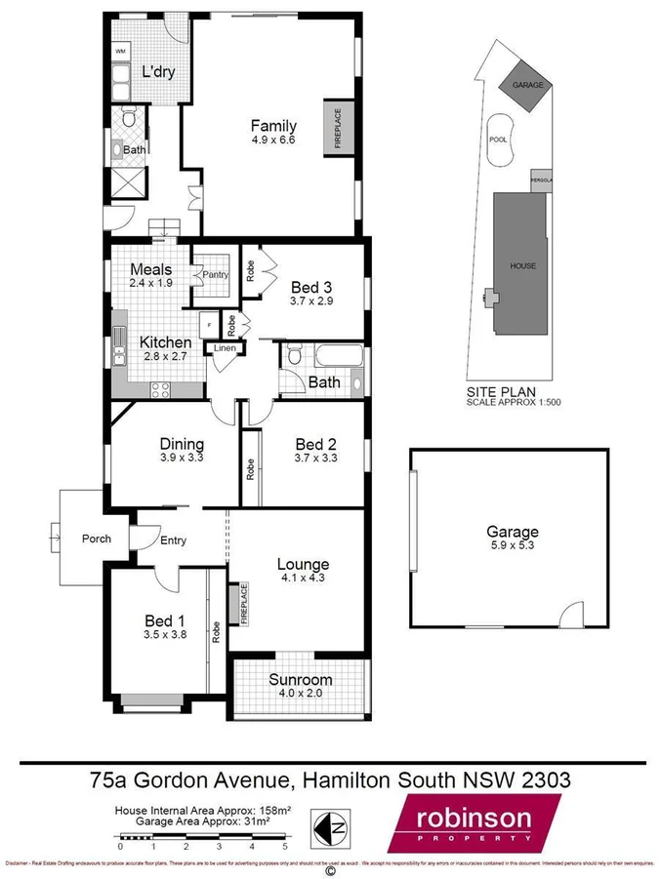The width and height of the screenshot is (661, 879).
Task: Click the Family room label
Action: pyautogui.click(x=273, y=126)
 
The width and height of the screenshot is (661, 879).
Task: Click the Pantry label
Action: pyautogui.click(x=216, y=275)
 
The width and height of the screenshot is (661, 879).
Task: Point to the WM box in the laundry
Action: pyautogui.click(x=121, y=51)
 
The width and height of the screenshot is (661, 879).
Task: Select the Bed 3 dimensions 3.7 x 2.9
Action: pyautogui.click(x=312, y=302)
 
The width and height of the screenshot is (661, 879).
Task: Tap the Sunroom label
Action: pyautogui.click(x=300, y=680)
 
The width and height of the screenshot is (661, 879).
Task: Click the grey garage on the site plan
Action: pyautogui.click(x=526, y=86)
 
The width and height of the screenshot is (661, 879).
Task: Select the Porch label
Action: pyautogui.click(x=96, y=539)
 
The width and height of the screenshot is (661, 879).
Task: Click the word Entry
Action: pyautogui.click(x=174, y=540)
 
